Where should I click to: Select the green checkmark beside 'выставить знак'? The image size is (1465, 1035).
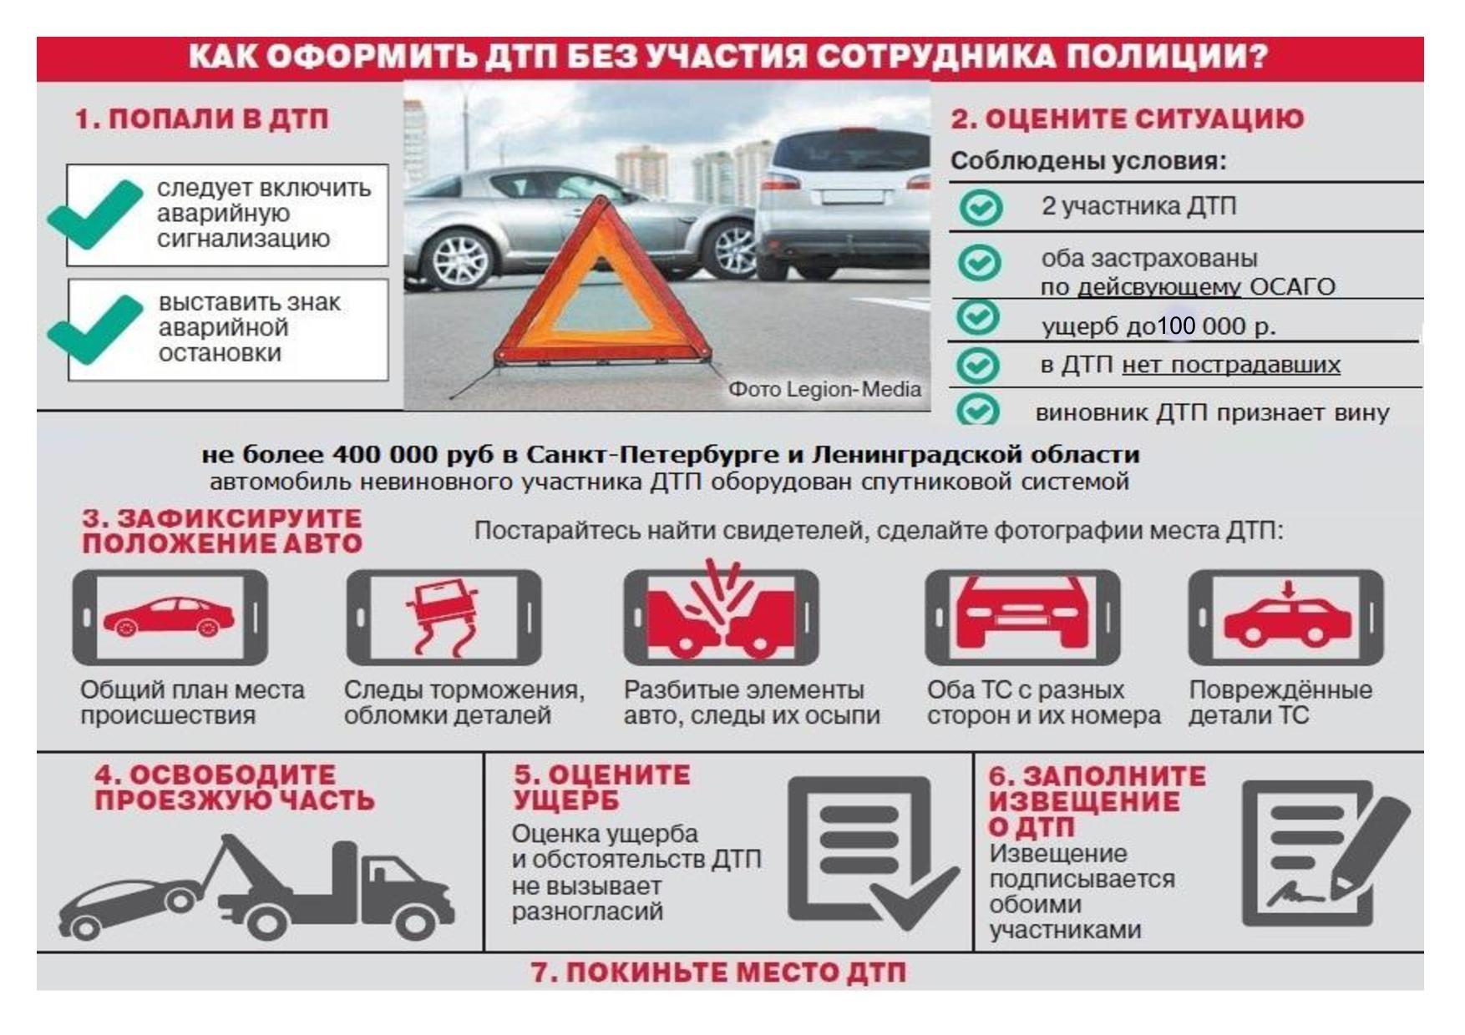pos(94,331)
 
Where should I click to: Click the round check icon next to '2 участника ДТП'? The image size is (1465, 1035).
pos(980,206)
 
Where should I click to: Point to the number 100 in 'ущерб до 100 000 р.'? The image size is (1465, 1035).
pos(1176,326)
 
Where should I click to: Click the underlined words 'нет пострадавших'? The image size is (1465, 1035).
pos(1231,365)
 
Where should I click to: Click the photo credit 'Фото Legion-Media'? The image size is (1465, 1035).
pos(824,389)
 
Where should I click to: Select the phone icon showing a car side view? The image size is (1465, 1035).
pos(170,618)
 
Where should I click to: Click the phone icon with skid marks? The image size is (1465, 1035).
pos(444,618)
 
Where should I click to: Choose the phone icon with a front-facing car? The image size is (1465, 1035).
pos(1022,618)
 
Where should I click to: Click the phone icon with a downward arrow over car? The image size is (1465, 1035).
pos(1286,618)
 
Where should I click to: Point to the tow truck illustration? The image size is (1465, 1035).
pos(256,887)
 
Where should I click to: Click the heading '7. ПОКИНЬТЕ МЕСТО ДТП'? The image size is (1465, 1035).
pos(718,973)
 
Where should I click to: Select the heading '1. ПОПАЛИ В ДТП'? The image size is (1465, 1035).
pos(202,119)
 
